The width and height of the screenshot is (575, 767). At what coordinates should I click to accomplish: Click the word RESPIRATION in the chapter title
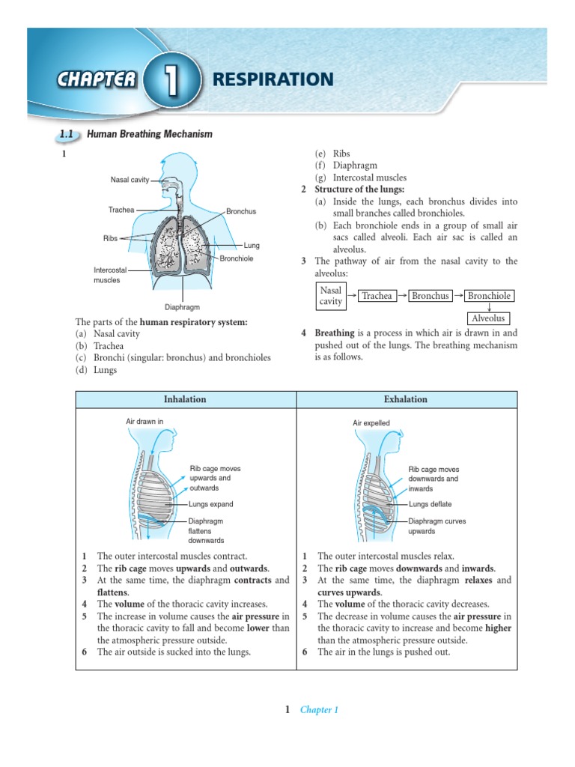click(273, 79)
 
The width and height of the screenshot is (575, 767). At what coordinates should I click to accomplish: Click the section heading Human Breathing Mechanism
click(150, 134)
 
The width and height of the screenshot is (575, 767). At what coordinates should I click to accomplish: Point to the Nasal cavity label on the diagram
click(130, 180)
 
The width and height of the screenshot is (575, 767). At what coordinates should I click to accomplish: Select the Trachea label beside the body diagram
click(121, 210)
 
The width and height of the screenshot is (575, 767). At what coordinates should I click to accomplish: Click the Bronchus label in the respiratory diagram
click(241, 212)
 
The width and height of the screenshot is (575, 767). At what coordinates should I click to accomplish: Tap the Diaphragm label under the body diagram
click(182, 307)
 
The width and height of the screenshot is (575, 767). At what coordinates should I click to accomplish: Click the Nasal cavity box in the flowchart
click(331, 296)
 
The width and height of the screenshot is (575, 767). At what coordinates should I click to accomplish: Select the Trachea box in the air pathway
click(377, 296)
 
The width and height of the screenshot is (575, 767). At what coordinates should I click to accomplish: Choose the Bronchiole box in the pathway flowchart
click(489, 296)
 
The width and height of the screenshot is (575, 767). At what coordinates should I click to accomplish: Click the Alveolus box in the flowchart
click(489, 318)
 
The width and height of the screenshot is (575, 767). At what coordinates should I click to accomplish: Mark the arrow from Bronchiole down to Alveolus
click(489, 307)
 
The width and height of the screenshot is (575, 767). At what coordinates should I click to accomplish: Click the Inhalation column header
click(186, 399)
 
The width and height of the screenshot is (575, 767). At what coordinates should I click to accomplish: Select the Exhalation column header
click(406, 399)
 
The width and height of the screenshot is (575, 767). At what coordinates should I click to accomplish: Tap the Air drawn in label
click(144, 422)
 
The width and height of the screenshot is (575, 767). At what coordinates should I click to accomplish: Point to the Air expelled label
click(371, 423)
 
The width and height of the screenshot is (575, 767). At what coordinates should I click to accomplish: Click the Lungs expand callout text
click(211, 504)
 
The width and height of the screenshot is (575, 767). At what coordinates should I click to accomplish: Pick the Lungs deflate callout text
click(430, 504)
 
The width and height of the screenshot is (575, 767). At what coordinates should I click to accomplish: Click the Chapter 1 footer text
click(319, 710)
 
